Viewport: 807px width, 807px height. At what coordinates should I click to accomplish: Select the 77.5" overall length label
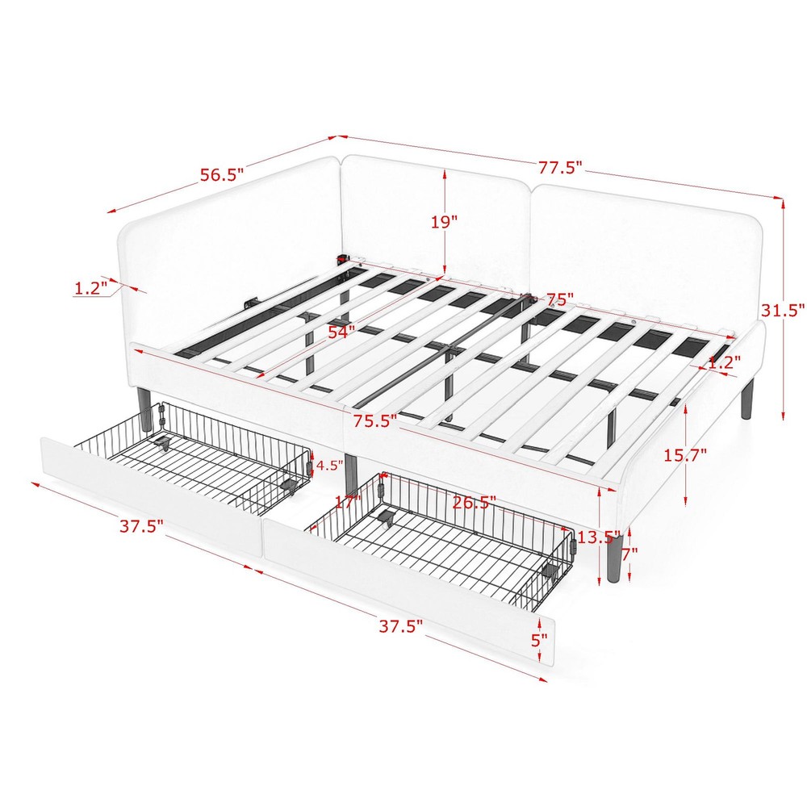click(561, 168)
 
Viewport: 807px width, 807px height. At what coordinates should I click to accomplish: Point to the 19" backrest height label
click(443, 220)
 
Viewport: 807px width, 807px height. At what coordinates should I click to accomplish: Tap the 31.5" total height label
click(783, 309)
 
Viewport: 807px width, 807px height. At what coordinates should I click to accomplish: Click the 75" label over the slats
click(558, 299)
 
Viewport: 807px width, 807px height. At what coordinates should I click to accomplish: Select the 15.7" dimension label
click(684, 454)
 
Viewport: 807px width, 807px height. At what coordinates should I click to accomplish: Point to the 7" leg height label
click(630, 554)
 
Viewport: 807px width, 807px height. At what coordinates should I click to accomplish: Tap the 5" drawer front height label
click(539, 639)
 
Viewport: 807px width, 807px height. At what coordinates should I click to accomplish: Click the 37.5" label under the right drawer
click(401, 626)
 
